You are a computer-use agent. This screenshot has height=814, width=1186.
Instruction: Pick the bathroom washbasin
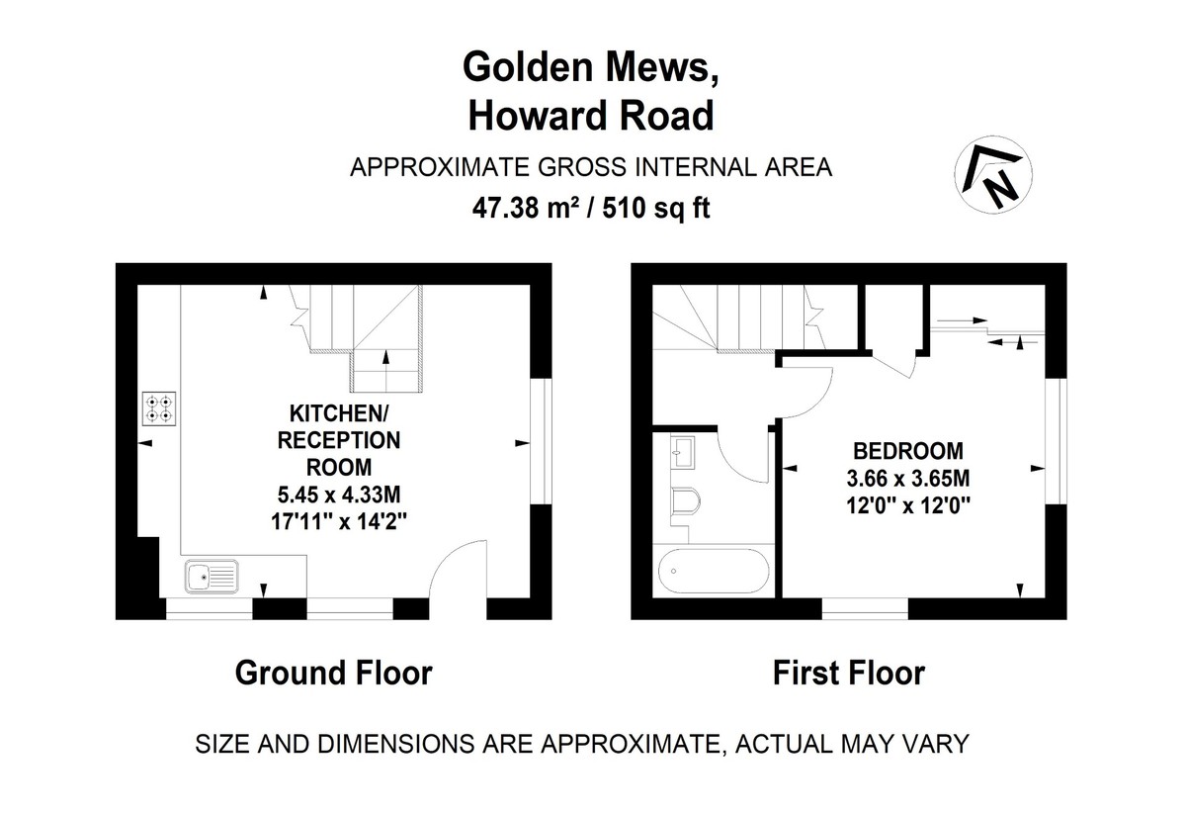[x=684, y=456]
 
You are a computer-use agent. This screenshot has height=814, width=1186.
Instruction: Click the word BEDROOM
[x=908, y=452]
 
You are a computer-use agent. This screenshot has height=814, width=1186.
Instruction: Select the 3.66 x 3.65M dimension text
[x=908, y=478]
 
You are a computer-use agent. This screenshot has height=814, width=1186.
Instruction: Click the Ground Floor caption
[x=333, y=674]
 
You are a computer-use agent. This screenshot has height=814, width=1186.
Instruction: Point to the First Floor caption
[x=848, y=674]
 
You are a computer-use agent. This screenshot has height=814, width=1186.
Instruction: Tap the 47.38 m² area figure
[x=525, y=209]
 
